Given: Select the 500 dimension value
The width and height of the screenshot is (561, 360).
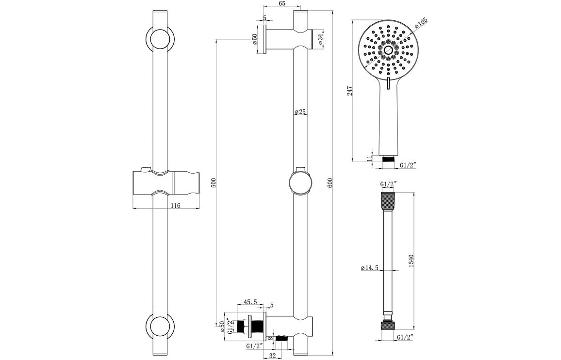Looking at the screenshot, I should point(213,182).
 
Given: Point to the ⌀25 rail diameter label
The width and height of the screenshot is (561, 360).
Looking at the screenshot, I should point(300,112).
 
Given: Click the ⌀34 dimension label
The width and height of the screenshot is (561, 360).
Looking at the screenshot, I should point(321,39).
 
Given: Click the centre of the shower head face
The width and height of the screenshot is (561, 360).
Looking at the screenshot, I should point(388,49).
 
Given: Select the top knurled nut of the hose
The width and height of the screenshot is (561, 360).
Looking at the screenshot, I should point(388,200).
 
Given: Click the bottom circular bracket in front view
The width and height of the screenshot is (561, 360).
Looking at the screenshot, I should point(160,326).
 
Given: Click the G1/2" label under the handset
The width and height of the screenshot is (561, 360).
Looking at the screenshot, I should point(408,165).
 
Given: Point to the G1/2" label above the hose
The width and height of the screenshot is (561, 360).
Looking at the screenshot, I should point(388,184).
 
